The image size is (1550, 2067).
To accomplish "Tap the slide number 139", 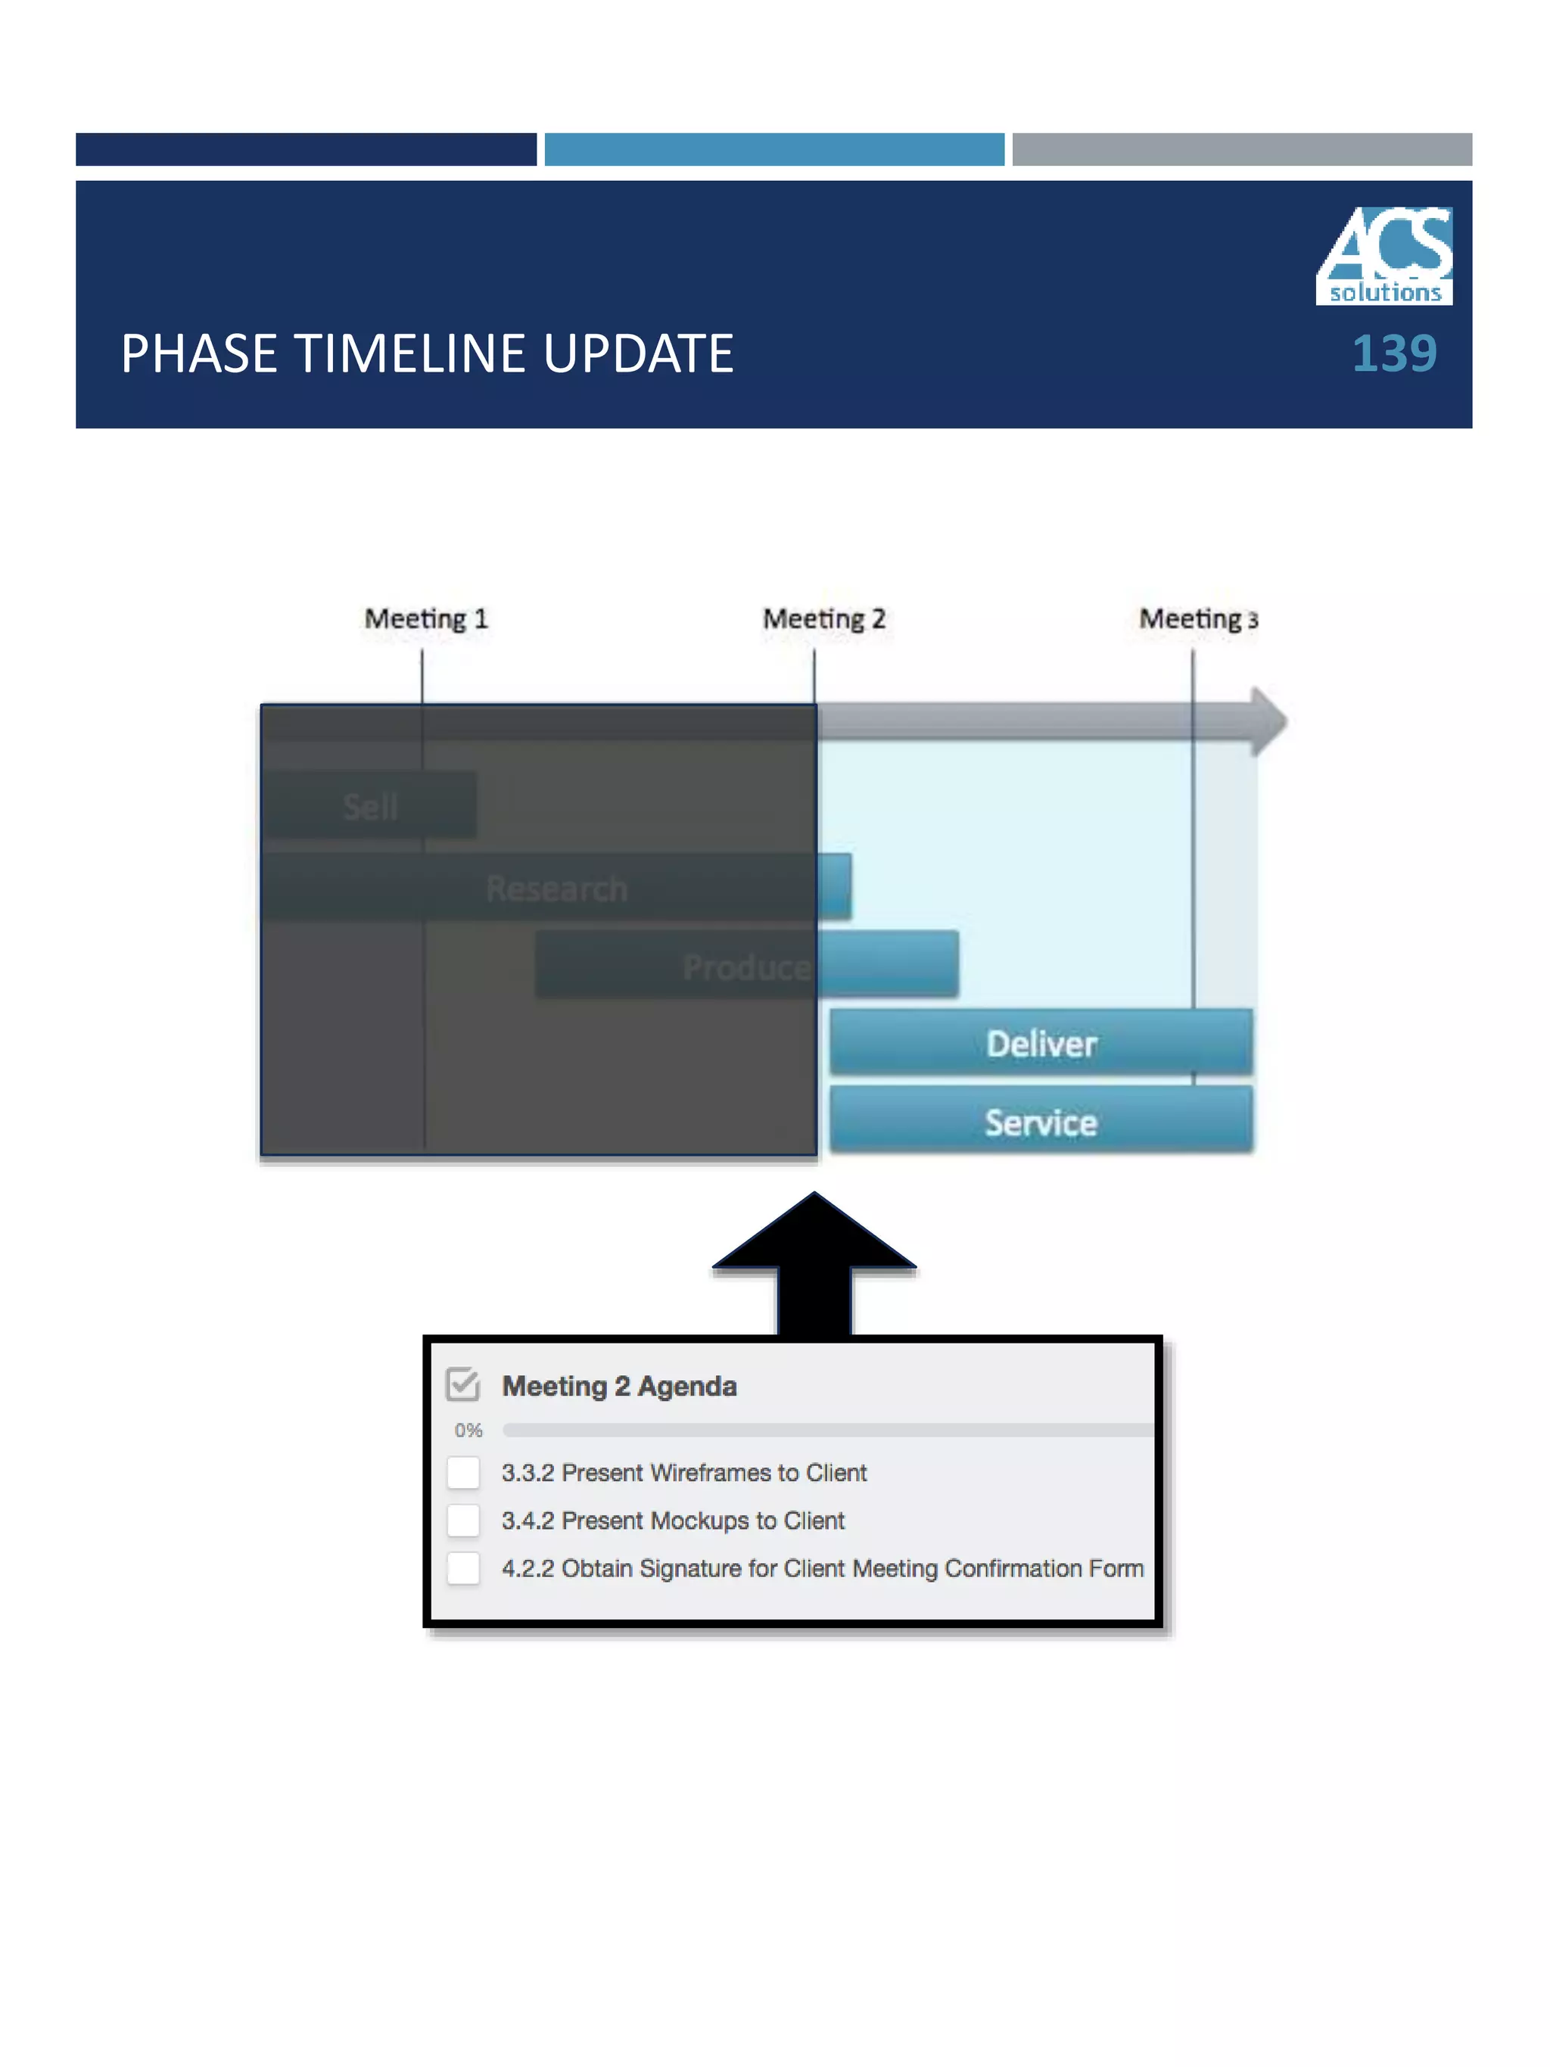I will (1393, 354).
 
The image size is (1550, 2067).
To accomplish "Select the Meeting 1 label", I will (426, 618).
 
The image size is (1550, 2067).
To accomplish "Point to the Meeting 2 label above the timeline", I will (823, 618).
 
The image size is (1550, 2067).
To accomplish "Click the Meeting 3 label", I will (1198, 618).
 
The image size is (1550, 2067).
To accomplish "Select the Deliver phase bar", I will (1040, 1043).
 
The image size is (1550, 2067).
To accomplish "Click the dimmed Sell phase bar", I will (370, 805).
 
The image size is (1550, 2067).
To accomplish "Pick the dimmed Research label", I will (556, 888).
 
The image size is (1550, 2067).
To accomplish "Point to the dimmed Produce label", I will (745, 967).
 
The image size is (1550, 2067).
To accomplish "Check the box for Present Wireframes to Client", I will (463, 1473).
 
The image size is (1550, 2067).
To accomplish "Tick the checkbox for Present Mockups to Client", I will (463, 1521).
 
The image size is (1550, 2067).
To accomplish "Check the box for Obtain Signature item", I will (463, 1568).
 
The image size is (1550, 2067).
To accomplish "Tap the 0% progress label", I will (468, 1430).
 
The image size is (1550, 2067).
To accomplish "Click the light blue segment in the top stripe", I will (773, 150).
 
